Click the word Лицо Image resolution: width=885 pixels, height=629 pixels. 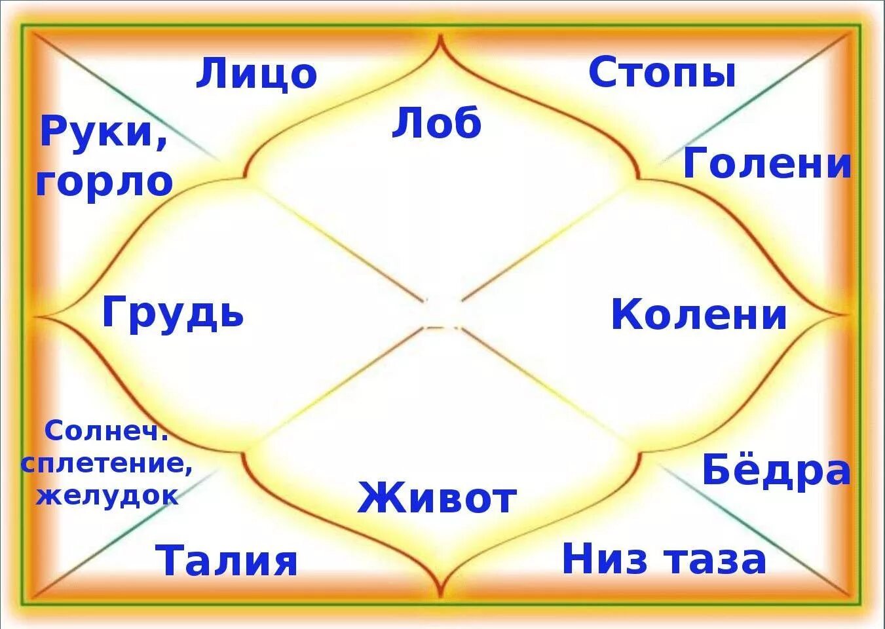(256, 73)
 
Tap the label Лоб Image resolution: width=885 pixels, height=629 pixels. (436, 123)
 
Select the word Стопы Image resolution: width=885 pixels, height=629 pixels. (662, 73)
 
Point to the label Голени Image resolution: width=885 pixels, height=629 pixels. (767, 164)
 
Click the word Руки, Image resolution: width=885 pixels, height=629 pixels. (104, 132)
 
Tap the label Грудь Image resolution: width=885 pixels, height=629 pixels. (173, 313)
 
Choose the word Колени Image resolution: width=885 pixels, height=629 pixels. (699, 314)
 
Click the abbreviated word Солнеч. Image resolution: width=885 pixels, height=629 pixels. (107, 432)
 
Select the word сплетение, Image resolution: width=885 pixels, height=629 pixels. (107, 464)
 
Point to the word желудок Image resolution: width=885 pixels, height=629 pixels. (107, 495)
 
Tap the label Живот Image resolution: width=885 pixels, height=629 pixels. (437, 498)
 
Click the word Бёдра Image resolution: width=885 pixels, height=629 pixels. (776, 470)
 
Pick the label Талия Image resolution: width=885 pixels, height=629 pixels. (227, 561)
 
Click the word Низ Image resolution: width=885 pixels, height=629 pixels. (605, 560)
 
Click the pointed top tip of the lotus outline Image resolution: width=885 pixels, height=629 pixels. (442, 36)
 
